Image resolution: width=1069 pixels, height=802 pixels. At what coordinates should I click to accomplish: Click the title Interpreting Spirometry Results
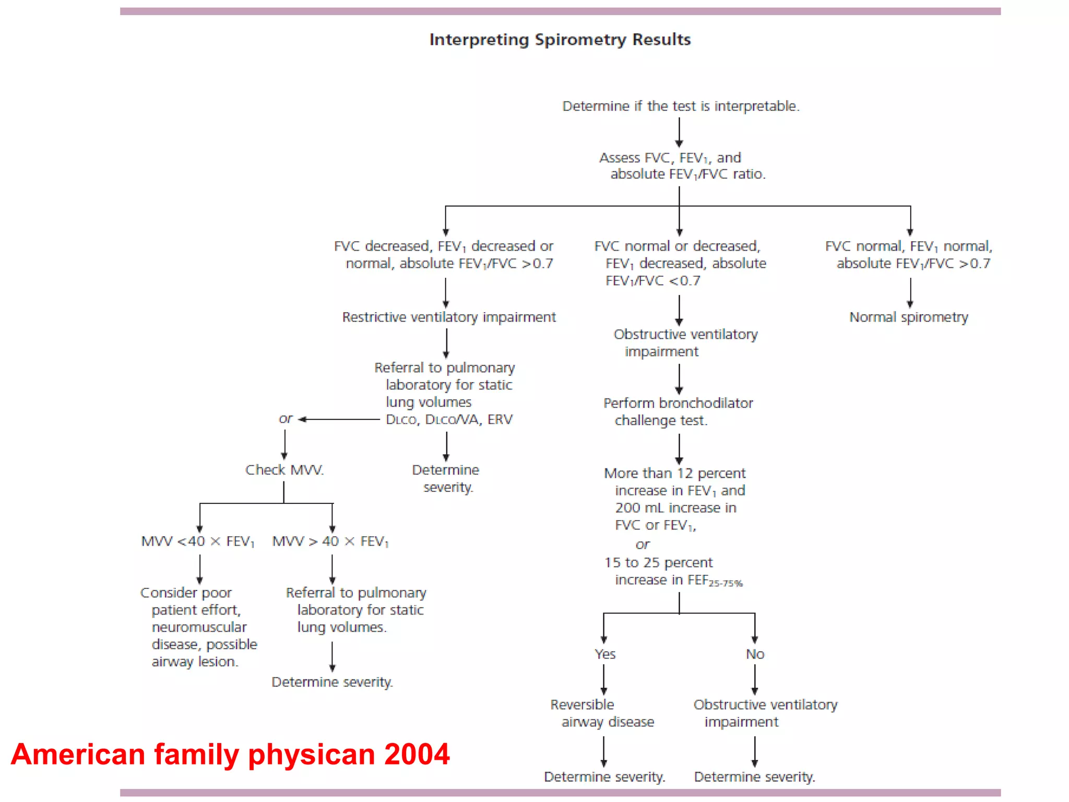click(x=560, y=40)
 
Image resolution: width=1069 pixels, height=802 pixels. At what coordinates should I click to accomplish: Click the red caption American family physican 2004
click(x=230, y=754)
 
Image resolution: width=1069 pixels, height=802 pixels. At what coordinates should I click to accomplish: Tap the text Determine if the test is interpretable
click(x=680, y=106)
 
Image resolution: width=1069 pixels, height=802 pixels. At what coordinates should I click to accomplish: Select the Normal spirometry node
click(x=908, y=317)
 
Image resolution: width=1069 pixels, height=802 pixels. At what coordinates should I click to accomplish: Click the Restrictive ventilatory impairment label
click(x=449, y=317)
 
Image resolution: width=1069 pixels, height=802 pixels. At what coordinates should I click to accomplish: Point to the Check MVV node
click(x=284, y=470)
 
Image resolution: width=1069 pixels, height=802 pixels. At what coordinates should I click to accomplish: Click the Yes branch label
click(x=604, y=654)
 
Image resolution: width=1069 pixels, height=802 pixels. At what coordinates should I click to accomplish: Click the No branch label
click(x=755, y=654)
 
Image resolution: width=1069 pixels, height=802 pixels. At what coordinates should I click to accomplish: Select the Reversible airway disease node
click(x=601, y=713)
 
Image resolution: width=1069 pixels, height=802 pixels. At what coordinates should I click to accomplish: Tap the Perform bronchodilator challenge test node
click(x=678, y=411)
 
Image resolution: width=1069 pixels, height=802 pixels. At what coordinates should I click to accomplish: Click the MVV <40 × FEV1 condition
click(x=198, y=541)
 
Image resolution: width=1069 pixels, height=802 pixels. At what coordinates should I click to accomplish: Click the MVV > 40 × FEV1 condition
click(x=330, y=541)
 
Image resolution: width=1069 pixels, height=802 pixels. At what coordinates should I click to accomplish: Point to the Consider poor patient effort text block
click(x=199, y=627)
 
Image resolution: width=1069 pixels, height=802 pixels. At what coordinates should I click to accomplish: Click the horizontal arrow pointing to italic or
click(x=339, y=419)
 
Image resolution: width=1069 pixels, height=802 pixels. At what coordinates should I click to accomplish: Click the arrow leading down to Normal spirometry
click(x=910, y=293)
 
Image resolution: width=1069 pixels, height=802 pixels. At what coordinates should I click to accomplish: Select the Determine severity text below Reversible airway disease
click(x=604, y=777)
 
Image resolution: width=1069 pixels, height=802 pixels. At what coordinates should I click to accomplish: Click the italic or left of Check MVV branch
click(x=286, y=419)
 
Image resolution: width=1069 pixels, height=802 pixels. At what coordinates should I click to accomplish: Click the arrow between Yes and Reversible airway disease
click(x=604, y=680)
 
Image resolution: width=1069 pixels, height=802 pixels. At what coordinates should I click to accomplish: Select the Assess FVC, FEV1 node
click(x=681, y=166)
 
